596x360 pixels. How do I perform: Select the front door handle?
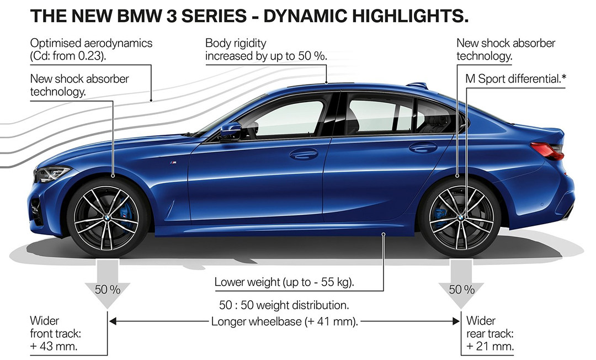pos(304,154)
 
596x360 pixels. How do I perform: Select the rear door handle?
pos(423,147)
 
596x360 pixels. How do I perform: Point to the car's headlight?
pos(52,174)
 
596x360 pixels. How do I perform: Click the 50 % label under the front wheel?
pos(108,289)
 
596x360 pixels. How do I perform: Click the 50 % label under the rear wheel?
pos(461,289)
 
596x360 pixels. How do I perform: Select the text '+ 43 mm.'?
pos(54,347)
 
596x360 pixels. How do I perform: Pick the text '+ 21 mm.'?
pos(491,347)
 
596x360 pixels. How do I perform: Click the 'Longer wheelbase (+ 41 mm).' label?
pos(285,321)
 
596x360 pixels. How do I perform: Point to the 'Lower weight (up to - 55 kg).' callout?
pos(284,283)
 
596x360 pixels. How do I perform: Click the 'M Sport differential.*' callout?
pos(512,78)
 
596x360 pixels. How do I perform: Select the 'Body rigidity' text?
pos(236,43)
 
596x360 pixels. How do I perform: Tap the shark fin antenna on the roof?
pos(418,85)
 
